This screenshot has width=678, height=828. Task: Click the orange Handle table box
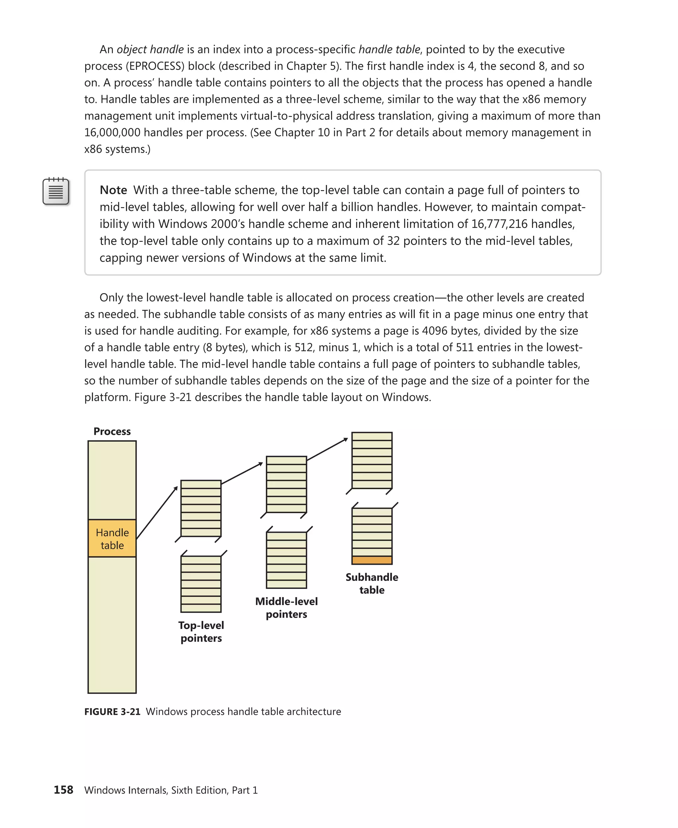click(x=112, y=538)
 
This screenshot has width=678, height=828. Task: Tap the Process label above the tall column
click(x=112, y=432)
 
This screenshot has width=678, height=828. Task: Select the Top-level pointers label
click(x=201, y=632)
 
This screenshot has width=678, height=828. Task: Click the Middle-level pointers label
click(x=286, y=608)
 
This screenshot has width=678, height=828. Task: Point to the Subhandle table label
click(x=372, y=583)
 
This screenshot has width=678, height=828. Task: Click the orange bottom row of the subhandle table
click(x=372, y=560)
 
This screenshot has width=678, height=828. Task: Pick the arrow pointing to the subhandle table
click(x=327, y=449)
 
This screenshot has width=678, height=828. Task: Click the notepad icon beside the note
click(x=56, y=191)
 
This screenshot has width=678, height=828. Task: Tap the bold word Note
click(x=113, y=190)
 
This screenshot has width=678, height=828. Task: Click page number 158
click(x=63, y=790)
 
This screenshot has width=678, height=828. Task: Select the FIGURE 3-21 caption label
click(x=113, y=711)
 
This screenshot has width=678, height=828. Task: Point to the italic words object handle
click(x=150, y=49)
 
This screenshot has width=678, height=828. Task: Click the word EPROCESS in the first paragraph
click(x=155, y=66)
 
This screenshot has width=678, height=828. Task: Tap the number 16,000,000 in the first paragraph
click(x=112, y=132)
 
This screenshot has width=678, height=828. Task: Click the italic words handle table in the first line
click(x=389, y=49)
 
